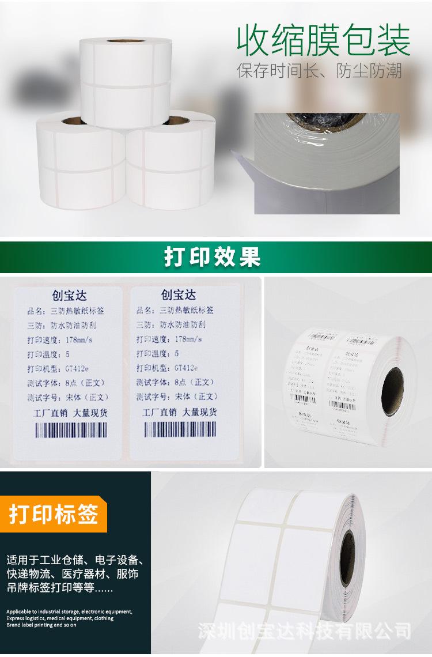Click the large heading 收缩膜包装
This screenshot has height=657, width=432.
point(324,40)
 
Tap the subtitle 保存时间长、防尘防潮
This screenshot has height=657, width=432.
point(320,71)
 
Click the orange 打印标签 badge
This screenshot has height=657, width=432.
point(53,513)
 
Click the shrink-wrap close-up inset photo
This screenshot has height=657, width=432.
point(327,163)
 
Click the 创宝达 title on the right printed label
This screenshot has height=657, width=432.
point(179,295)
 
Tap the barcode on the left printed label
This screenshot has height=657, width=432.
point(71,430)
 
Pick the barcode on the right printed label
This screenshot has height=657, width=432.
point(180,429)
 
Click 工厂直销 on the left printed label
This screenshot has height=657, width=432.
point(45,413)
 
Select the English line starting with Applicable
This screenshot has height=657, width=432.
point(70,611)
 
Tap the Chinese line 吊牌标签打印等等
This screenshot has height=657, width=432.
point(60,589)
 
